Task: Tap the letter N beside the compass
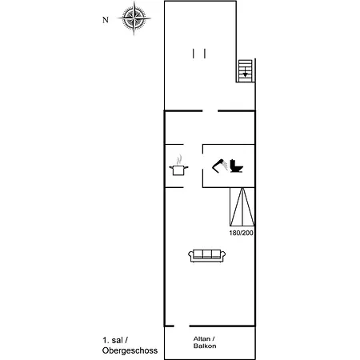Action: (x=105, y=21)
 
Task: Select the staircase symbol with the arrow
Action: (x=245, y=71)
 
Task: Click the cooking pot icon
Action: (x=178, y=169)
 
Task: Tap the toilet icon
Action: (x=236, y=166)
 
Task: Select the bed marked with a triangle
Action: (x=241, y=207)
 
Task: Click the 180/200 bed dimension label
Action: (x=241, y=233)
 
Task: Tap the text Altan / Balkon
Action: (x=205, y=342)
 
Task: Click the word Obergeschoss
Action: (x=130, y=351)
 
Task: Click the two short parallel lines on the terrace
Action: (x=199, y=53)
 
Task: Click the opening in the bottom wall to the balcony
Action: (x=181, y=326)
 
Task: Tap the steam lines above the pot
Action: (x=179, y=158)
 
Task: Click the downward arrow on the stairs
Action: (x=245, y=74)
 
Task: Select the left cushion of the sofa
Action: (x=197, y=254)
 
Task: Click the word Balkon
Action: (x=205, y=347)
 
